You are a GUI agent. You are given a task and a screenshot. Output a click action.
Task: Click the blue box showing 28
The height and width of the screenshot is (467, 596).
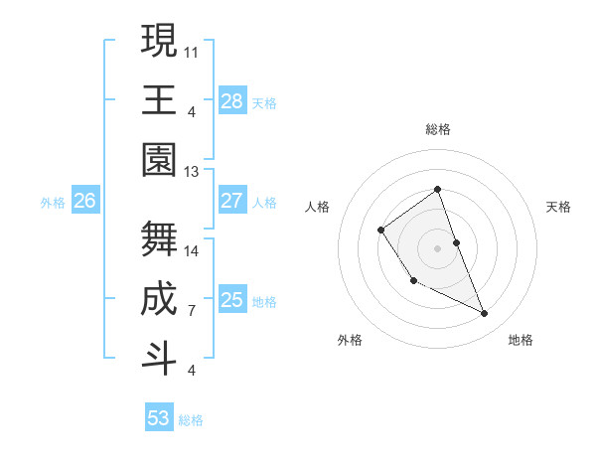pyautogui.click(x=232, y=101)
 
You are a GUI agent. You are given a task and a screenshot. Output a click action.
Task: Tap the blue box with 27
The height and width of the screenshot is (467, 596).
pyautogui.click(x=232, y=201)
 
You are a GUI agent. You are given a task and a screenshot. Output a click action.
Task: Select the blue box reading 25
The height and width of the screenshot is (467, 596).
pyautogui.click(x=232, y=300)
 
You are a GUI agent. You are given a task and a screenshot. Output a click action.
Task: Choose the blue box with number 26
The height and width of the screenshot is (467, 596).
pyautogui.click(x=84, y=201)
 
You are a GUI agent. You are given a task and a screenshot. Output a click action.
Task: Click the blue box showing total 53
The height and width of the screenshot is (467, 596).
pyautogui.click(x=159, y=418)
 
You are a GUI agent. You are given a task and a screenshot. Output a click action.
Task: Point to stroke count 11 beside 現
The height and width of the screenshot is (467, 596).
pyautogui.click(x=192, y=50)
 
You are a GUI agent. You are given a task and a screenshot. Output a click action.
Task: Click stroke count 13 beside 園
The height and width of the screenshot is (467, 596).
pyautogui.click(x=192, y=172)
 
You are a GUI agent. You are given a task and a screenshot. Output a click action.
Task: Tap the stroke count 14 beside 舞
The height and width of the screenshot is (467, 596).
pyautogui.click(x=192, y=250)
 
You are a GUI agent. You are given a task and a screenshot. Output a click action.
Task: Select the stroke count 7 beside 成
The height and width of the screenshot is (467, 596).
pyautogui.click(x=192, y=311)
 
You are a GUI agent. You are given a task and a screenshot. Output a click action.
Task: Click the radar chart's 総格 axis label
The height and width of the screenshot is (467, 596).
pyautogui.click(x=437, y=129)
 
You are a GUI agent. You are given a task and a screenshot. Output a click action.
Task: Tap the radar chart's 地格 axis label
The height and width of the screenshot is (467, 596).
pyautogui.click(x=521, y=340)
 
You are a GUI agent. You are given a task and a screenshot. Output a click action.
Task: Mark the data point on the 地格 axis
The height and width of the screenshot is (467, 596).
pyautogui.click(x=485, y=314)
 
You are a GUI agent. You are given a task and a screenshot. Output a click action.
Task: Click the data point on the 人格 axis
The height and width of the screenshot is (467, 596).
pyautogui.click(x=381, y=231)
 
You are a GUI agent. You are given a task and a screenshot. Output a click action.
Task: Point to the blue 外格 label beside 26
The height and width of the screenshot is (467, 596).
pyautogui.click(x=53, y=202)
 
